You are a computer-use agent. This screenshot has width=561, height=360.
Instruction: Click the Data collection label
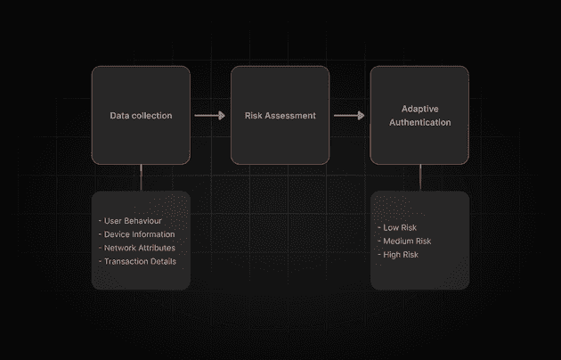coord(141,116)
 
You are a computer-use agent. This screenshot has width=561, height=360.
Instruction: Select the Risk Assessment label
coord(280,116)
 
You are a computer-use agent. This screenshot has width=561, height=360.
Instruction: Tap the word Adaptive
coord(419,109)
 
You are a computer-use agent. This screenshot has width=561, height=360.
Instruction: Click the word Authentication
coord(420,122)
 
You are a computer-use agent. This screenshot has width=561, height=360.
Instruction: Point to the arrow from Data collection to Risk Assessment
coord(209,115)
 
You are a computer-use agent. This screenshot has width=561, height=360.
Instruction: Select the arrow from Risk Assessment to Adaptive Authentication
coord(349,115)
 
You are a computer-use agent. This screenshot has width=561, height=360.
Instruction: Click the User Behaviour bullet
coord(130,221)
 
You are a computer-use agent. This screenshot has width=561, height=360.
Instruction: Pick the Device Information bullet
coord(136,234)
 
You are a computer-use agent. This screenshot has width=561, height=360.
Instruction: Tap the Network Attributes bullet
coord(137,248)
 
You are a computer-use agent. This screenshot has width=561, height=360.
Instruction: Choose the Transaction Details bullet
coord(137,262)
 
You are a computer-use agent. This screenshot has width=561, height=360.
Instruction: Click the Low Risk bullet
coord(397,227)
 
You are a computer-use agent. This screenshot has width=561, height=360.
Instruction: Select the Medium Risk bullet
coord(404,241)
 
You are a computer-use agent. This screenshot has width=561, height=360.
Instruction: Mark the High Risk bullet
coord(398,255)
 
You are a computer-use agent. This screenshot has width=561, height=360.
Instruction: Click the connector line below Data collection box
coord(141,177)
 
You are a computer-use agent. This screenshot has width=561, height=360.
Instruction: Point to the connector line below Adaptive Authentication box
coord(420,177)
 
